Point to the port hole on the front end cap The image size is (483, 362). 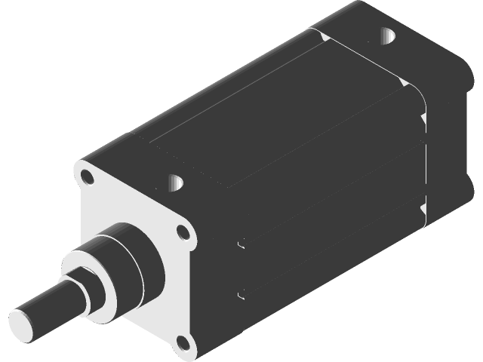[x=175, y=182]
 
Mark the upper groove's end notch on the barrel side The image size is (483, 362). [x=241, y=244]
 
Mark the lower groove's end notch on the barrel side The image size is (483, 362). [x=241, y=293]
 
